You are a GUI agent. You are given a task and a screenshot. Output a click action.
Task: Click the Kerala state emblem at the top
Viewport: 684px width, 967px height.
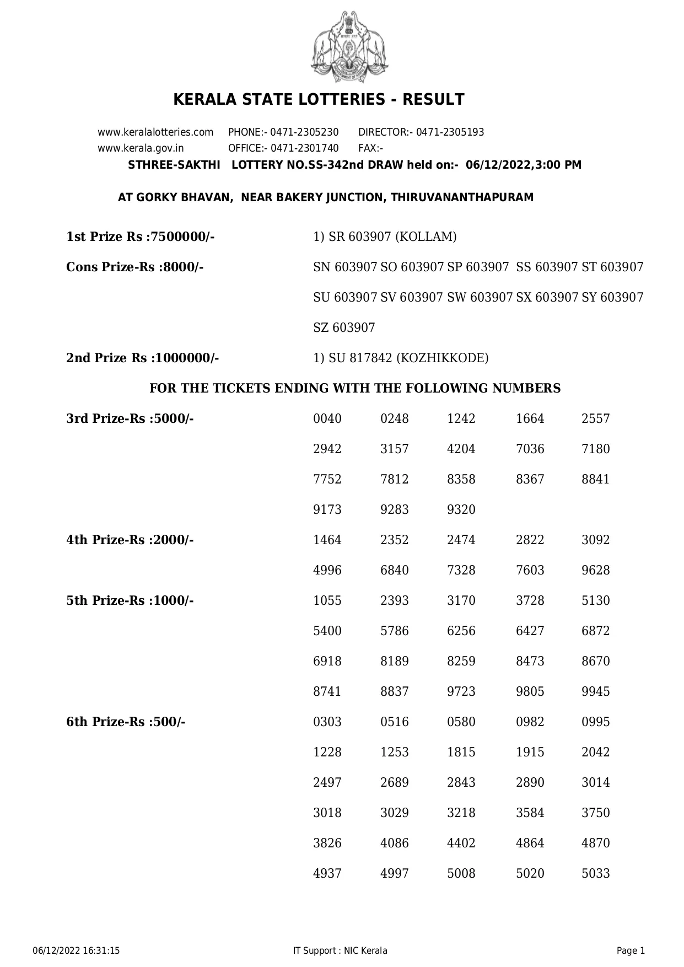pyautogui.click(x=349, y=47)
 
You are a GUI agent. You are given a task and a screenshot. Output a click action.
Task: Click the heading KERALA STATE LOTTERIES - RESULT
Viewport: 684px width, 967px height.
pyautogui.click(x=319, y=100)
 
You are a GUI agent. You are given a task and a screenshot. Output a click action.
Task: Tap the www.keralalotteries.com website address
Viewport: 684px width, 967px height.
pyautogui.click(x=155, y=132)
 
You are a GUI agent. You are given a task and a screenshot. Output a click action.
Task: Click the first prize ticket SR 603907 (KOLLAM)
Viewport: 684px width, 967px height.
pyautogui.click(x=385, y=237)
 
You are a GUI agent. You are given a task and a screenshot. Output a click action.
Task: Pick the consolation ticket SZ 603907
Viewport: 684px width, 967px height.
pyautogui.click(x=344, y=328)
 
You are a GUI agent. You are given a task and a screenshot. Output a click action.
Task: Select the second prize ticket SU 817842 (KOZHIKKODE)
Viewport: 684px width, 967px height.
pyautogui.click(x=401, y=358)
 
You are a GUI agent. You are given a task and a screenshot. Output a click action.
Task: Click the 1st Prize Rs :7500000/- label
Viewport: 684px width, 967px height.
pyautogui.click(x=140, y=237)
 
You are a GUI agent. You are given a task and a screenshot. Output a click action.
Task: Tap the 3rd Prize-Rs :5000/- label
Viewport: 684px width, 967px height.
pyautogui.click(x=130, y=419)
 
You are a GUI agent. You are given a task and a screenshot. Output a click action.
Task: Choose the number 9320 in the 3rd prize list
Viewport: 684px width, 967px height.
pyautogui.click(x=461, y=510)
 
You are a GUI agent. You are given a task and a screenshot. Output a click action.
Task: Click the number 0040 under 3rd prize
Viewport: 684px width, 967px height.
pyautogui.click(x=327, y=419)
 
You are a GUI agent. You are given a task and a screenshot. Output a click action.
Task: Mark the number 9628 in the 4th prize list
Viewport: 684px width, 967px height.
pyautogui.click(x=595, y=571)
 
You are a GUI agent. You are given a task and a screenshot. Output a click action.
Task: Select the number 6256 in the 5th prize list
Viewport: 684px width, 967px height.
pyautogui.click(x=461, y=631)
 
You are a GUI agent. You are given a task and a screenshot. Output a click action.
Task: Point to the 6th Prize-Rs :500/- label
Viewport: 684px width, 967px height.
pyautogui.click(x=126, y=722)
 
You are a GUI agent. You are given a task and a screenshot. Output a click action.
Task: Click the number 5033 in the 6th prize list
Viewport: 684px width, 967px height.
pyautogui.click(x=595, y=874)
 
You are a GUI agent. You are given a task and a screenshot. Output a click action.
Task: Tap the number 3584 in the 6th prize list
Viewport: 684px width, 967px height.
pyautogui.click(x=530, y=813)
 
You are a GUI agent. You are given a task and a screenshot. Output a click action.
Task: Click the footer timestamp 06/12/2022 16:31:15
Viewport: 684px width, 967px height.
pyautogui.click(x=76, y=950)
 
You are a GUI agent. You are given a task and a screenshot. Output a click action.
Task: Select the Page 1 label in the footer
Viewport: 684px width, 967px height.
pyautogui.click(x=631, y=950)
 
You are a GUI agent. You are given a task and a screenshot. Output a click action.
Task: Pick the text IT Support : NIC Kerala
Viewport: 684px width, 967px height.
pyautogui.click(x=341, y=950)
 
